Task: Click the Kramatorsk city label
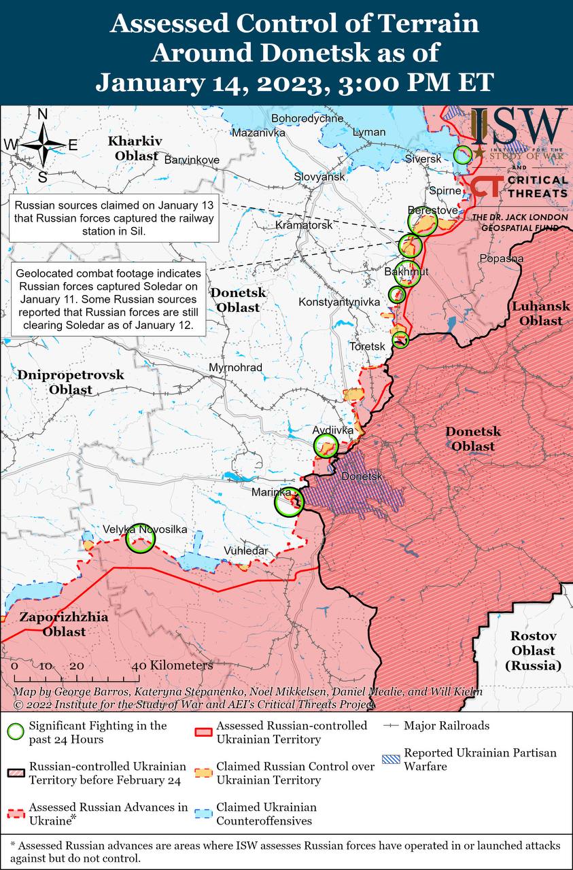click(304, 224)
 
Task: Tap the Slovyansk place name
click(319, 176)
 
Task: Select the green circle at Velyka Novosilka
click(141, 538)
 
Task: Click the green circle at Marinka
click(289, 503)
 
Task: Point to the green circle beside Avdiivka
click(326, 446)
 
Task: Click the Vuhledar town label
click(246, 551)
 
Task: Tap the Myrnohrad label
click(235, 368)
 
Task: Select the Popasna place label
click(501, 258)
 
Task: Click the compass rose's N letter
click(42, 114)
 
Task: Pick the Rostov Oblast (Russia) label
click(534, 650)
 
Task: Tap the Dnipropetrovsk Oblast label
click(71, 382)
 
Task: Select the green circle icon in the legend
click(16, 732)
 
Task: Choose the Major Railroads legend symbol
click(390, 726)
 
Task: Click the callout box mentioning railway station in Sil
click(114, 217)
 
